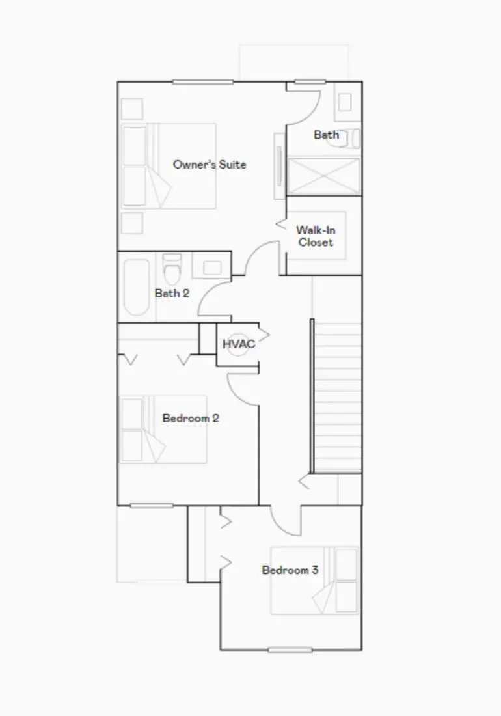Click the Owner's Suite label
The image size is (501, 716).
pos(210,165)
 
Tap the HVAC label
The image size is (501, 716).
pos(239,344)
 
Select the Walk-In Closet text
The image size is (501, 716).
pos(315,236)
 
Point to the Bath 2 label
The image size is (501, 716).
pos(172,294)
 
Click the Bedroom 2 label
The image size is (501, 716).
pos(191,419)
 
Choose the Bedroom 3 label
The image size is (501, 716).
pos(290,571)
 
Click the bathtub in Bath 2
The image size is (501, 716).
pos(135,288)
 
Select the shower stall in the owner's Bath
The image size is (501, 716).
pos(323,175)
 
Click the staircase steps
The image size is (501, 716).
pos(338,397)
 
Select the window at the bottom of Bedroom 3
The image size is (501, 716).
pos(290,650)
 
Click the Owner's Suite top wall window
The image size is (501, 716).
pos(203,81)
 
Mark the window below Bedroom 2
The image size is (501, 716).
pos(152,506)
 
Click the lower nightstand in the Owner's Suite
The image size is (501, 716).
pos(132,223)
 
